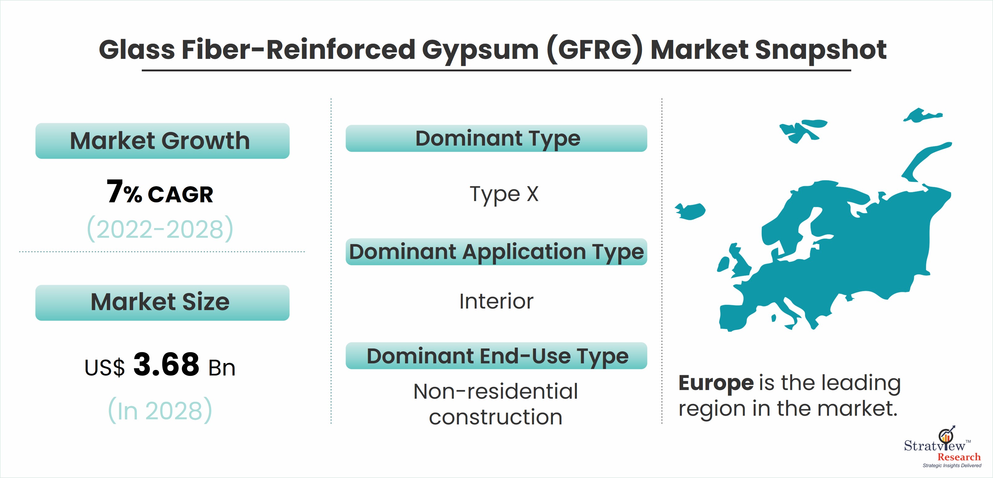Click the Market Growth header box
(162, 141)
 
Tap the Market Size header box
(162, 302)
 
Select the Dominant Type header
(496, 138)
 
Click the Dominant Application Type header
(496, 252)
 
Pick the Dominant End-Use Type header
(496, 356)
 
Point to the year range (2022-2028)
(160, 229)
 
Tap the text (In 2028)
(160, 410)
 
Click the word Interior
(496, 301)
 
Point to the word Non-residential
(495, 392)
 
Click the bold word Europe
(716, 384)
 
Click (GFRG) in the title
(595, 50)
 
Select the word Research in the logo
(959, 457)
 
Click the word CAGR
(180, 195)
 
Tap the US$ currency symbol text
(104, 367)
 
